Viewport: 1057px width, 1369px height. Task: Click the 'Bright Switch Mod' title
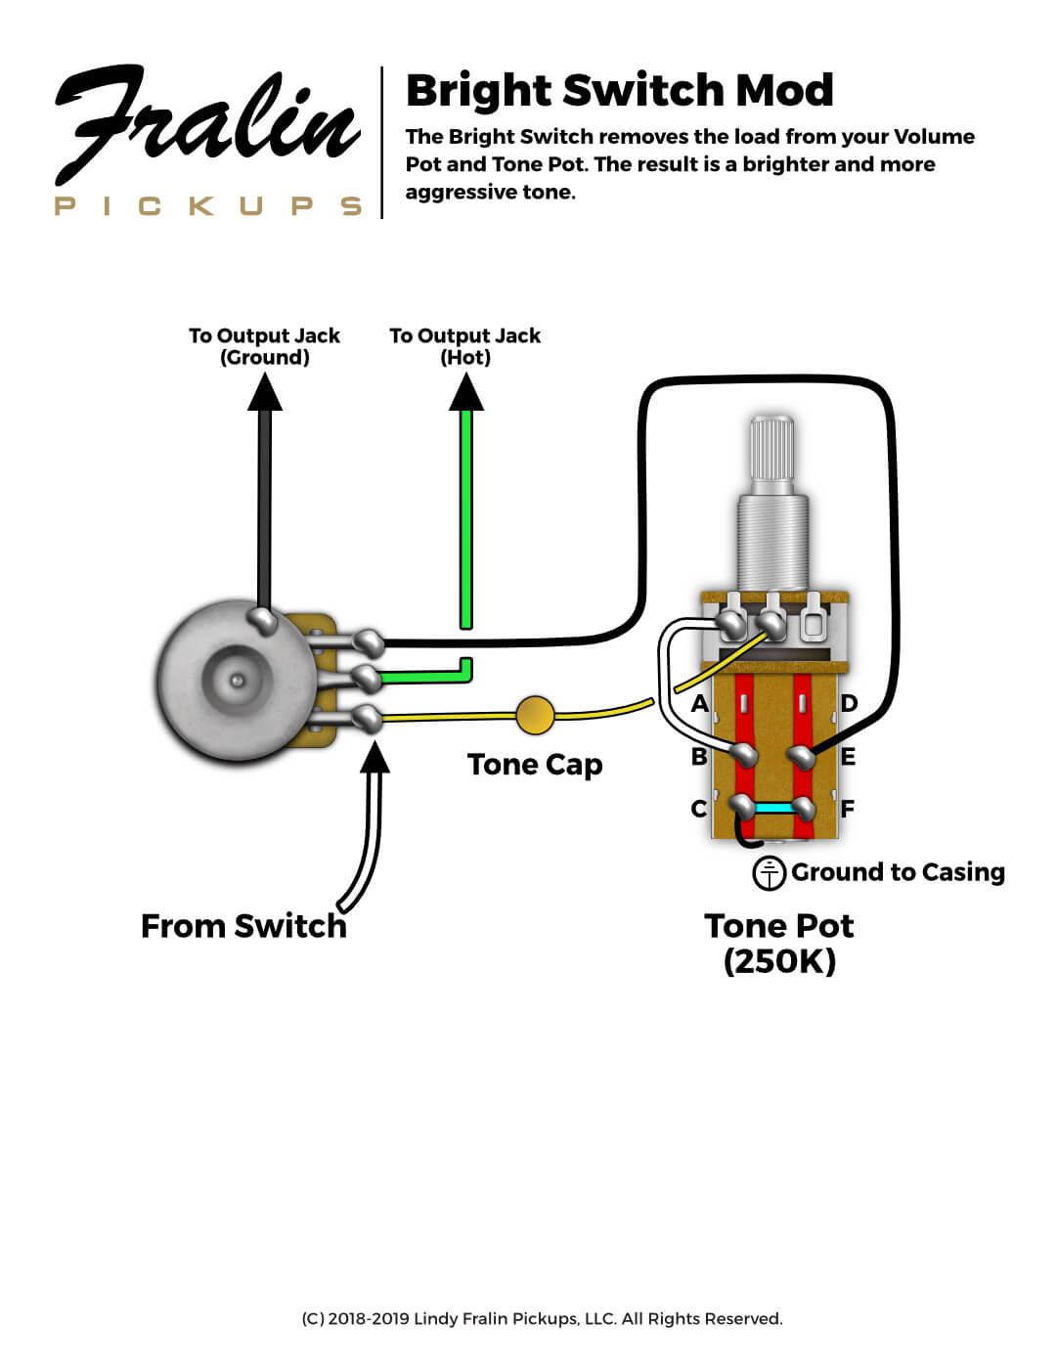point(619,91)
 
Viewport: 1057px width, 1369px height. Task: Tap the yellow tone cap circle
point(535,715)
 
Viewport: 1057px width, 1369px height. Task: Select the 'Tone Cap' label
point(535,765)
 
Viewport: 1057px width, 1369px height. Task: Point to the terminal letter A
point(699,703)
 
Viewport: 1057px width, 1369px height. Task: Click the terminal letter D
point(849,703)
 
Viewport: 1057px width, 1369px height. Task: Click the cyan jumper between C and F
point(773,809)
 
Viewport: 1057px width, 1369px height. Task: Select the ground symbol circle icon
point(770,872)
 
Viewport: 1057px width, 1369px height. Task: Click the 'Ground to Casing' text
point(898,872)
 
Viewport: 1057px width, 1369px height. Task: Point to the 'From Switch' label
point(243,926)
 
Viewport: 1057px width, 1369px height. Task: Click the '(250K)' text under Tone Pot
point(779,961)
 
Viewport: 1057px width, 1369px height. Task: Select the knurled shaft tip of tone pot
point(771,448)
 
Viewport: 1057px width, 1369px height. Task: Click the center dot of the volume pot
point(236,679)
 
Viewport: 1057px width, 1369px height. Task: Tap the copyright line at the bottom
point(542,1319)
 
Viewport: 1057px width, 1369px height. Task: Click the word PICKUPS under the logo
point(208,206)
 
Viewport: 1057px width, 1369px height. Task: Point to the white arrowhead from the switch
point(374,758)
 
